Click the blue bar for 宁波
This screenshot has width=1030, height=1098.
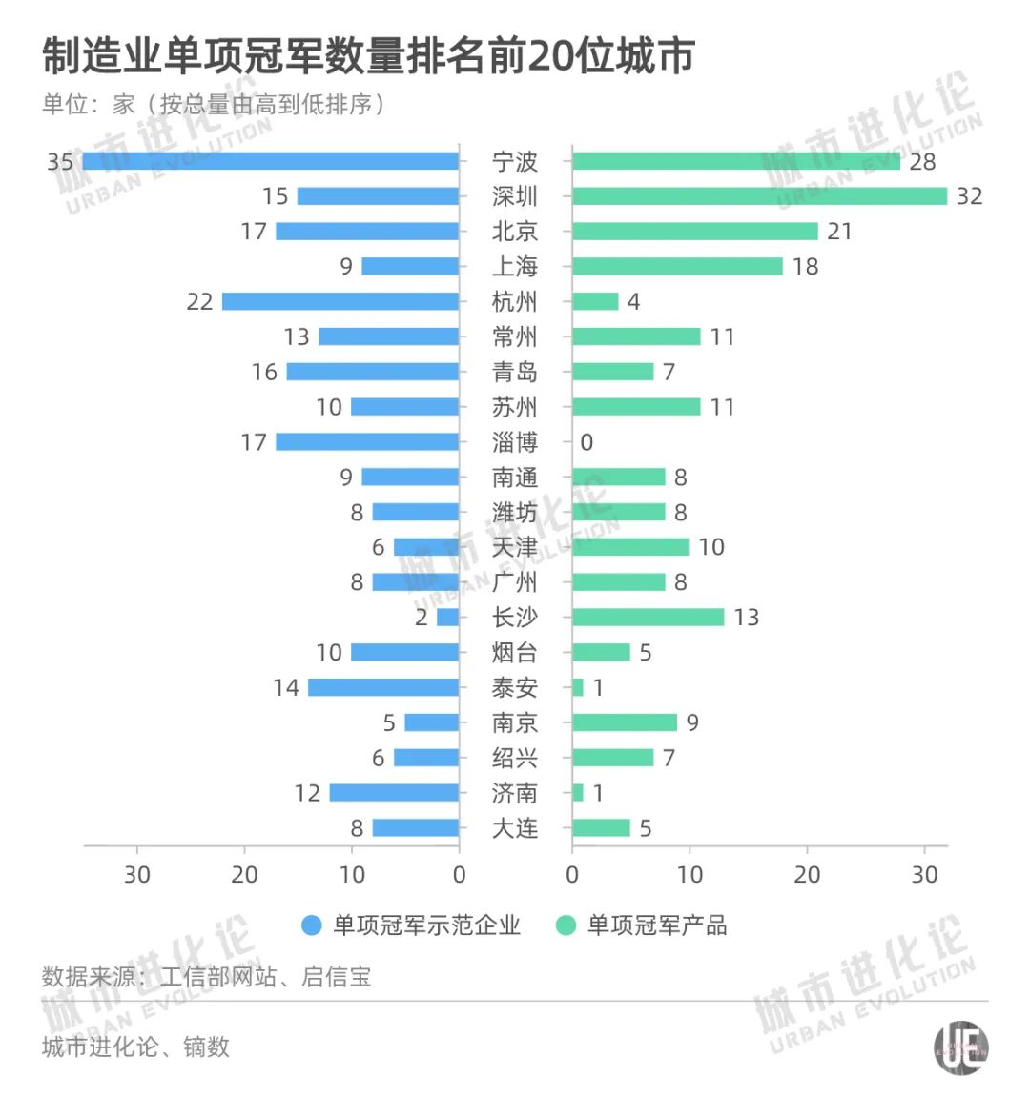coord(271,161)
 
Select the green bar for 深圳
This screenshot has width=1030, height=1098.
coord(759,196)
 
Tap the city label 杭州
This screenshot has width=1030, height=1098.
coord(515,302)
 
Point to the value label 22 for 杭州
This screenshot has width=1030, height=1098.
coord(199,302)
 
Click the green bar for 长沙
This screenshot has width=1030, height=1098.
coord(649,618)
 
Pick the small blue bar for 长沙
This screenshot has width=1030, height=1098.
coord(448,618)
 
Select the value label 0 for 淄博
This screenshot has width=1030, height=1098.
coord(587,442)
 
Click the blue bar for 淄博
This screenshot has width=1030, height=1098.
coord(367,442)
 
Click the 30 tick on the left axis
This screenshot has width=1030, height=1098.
coord(137,875)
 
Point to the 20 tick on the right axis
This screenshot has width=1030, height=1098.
coord(807,875)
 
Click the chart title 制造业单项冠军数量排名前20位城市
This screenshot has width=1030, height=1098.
coord(368,57)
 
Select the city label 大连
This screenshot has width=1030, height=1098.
coord(515,828)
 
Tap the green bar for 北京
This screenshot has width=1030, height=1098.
coord(695,232)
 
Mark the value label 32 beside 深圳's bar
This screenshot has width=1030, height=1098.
coord(969,196)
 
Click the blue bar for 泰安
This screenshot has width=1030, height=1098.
coord(383,688)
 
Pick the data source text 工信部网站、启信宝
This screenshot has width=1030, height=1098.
coord(265,977)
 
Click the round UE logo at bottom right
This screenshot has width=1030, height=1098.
coord(960,1048)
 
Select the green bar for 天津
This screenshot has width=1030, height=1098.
coord(630,547)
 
